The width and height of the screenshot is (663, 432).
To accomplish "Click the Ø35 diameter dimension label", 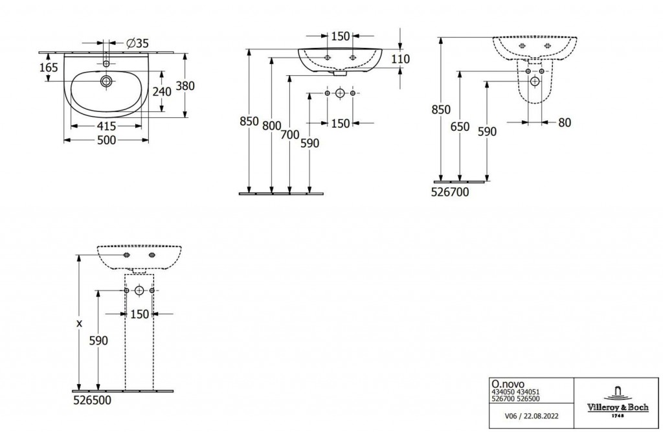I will [x=137, y=43].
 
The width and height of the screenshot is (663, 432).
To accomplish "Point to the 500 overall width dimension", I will [x=106, y=140].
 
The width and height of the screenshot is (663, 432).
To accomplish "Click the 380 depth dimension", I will [x=186, y=85].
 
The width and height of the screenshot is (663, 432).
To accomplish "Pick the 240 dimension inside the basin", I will [x=161, y=91].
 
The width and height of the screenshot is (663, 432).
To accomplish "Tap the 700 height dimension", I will [x=289, y=135].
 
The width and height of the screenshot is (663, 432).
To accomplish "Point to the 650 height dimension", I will [x=460, y=127].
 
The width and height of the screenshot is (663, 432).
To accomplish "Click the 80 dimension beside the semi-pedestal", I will [x=564, y=122].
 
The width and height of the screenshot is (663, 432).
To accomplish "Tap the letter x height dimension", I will [x=79, y=322].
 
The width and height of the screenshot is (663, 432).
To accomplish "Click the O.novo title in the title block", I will [x=505, y=385].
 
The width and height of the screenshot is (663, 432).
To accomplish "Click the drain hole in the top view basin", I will [x=106, y=82].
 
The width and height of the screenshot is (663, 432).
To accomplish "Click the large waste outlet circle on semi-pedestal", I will [x=535, y=82].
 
